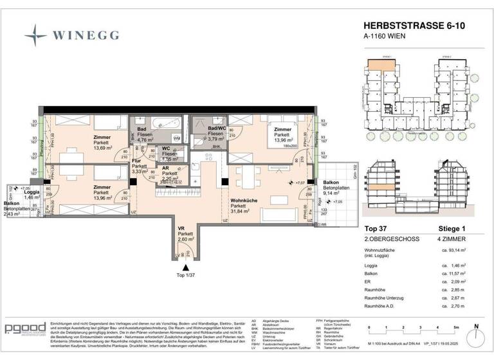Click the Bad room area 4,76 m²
coord(144,138)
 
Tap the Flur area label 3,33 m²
coord(140,172)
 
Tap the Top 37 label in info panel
coord(376,228)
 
